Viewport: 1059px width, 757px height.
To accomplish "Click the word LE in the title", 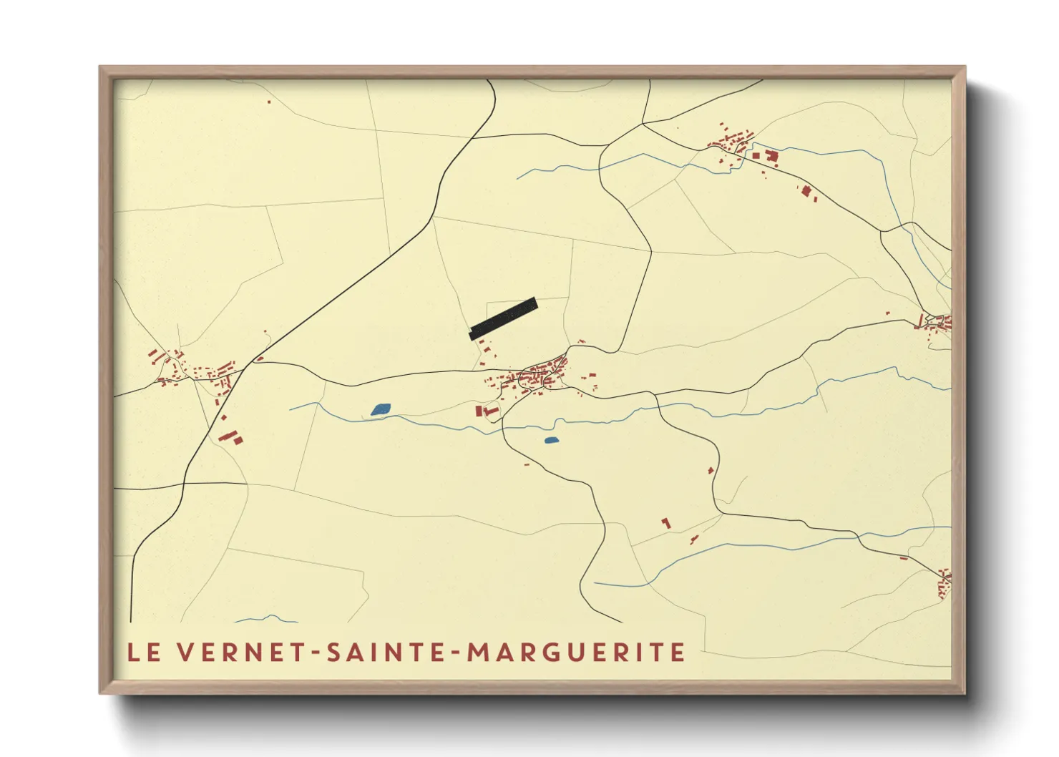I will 144,653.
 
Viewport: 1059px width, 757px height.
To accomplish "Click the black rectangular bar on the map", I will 503,318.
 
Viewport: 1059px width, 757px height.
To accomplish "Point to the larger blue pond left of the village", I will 381,409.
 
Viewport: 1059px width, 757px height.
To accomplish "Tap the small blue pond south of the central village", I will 551,440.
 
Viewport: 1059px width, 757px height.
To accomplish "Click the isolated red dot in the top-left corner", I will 269,102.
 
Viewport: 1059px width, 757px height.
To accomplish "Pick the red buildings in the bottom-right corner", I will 944,583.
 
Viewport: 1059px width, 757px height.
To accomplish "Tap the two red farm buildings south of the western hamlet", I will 230,436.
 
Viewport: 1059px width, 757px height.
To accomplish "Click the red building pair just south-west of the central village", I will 487,411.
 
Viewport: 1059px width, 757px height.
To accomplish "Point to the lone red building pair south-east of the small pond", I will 666,524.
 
